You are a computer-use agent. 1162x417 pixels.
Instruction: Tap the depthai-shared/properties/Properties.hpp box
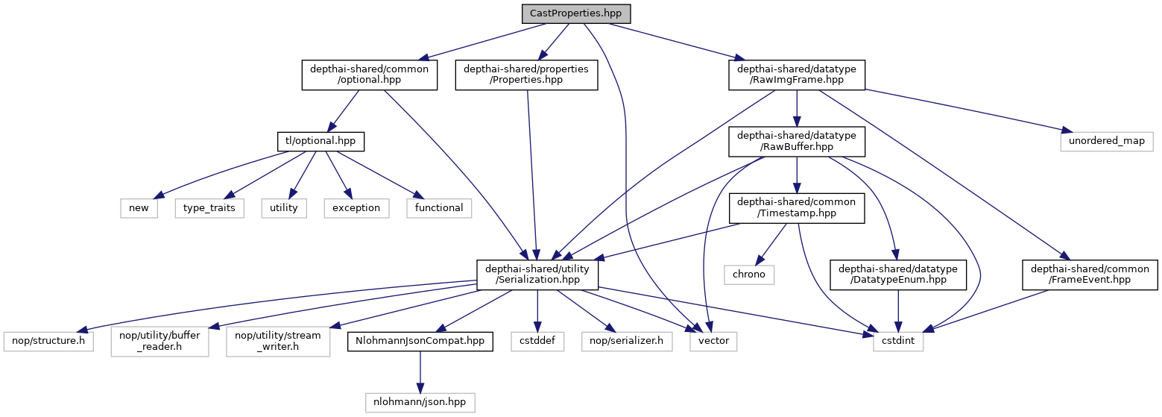526,75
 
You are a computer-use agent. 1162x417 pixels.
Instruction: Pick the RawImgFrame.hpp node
797,75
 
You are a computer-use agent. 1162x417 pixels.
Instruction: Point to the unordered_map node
1106,141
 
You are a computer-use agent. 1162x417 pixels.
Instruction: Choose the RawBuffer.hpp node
797,141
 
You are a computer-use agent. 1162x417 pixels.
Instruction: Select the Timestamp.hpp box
797,207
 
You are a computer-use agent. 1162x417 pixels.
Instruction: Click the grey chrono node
749,274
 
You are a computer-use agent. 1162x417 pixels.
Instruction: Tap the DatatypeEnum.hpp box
897,274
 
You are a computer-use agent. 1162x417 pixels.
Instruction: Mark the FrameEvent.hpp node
1089,274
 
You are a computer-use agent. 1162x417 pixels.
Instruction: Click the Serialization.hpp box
538,274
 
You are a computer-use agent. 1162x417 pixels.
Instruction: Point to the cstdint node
898,341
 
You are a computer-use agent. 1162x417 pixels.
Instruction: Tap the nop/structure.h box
48,341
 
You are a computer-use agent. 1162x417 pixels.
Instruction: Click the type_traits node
209,207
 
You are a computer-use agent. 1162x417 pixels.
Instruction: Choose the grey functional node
439,207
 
